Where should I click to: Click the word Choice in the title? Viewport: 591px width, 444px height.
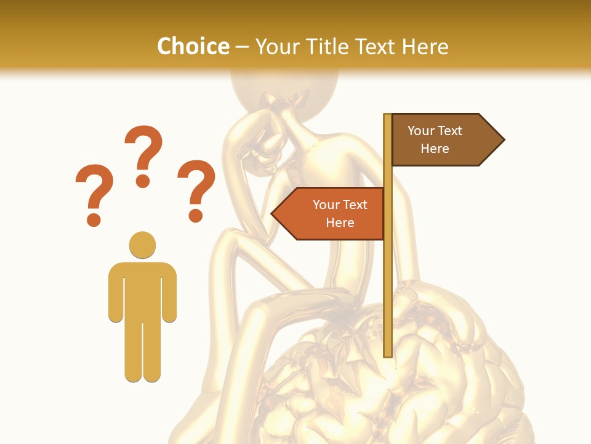click(193, 46)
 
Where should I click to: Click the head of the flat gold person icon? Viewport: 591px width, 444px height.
click(142, 245)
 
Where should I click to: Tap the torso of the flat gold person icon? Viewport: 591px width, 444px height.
click(142, 290)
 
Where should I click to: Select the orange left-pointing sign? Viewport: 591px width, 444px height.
click(332, 213)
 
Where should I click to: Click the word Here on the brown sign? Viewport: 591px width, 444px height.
click(435, 149)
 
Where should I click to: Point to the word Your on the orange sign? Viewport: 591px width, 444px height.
click(326, 205)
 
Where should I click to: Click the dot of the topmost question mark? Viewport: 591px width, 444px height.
click(143, 181)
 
